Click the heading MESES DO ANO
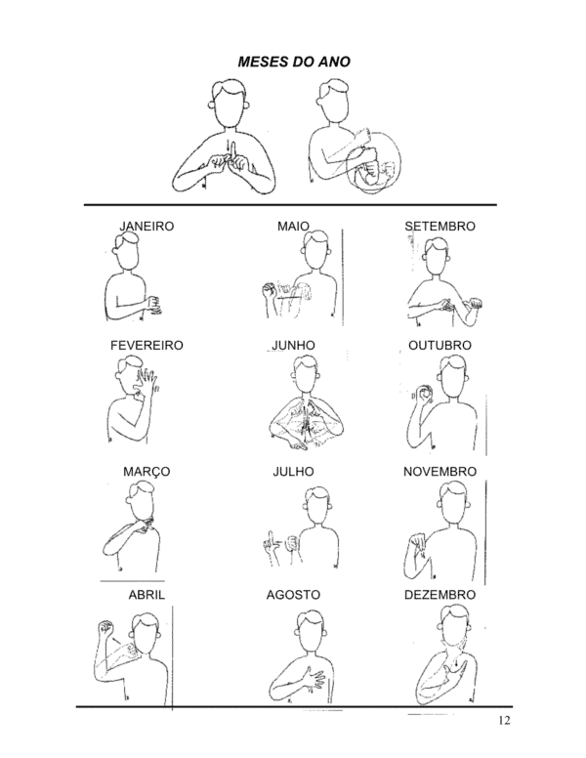click(x=294, y=62)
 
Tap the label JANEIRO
click(x=146, y=227)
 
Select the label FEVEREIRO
click(x=146, y=346)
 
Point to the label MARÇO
click(x=146, y=472)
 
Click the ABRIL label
click(x=146, y=595)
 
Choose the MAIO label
click(x=293, y=227)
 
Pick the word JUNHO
click(x=293, y=346)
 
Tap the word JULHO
click(x=293, y=472)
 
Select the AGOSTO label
click(x=293, y=595)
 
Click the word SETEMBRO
click(x=439, y=227)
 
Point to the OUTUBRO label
click(x=439, y=346)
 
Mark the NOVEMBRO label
click(x=439, y=472)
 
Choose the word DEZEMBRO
click(x=439, y=595)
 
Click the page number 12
click(x=504, y=720)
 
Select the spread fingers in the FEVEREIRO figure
click(x=147, y=379)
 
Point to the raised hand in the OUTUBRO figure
click(x=424, y=394)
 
